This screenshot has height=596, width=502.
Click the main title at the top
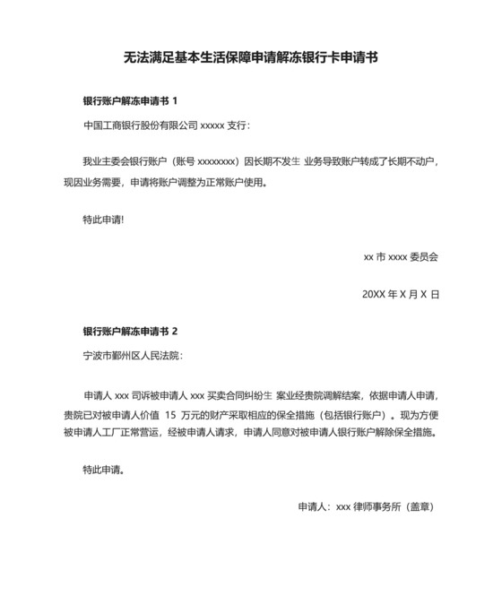250,58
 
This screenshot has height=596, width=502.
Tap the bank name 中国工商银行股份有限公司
139,125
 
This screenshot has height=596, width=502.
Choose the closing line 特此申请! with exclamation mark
103,219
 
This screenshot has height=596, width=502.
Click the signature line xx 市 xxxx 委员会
401,256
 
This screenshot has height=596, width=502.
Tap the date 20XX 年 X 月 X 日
401,293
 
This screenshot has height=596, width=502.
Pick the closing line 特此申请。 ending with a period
103,469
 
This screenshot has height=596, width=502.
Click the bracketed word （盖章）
420,506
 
